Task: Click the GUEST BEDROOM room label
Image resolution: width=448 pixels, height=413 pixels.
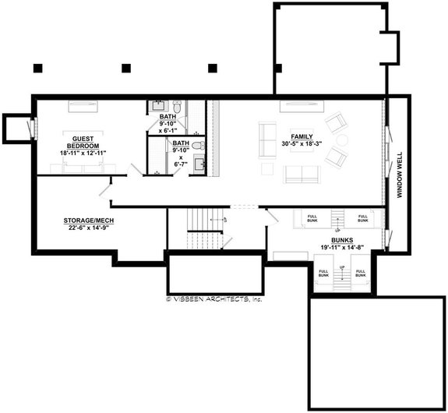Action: (82, 140)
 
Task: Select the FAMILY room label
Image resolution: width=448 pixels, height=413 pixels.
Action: (301, 136)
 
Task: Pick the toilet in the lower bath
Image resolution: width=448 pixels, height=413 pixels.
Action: (198, 146)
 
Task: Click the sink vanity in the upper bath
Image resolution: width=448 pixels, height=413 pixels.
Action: (159, 105)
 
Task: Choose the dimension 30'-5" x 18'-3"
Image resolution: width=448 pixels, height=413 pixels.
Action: (301, 143)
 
